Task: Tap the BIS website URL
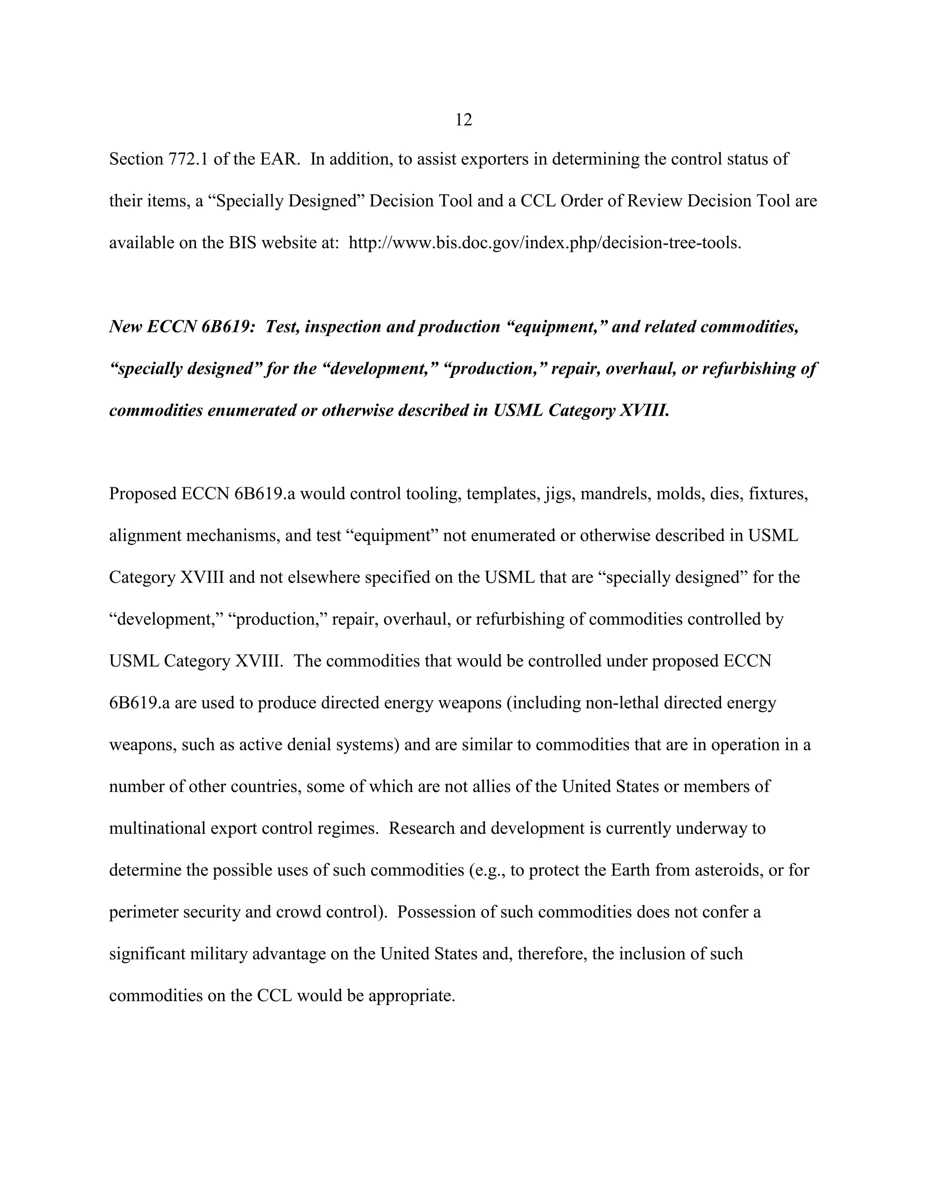pos(545,243)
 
